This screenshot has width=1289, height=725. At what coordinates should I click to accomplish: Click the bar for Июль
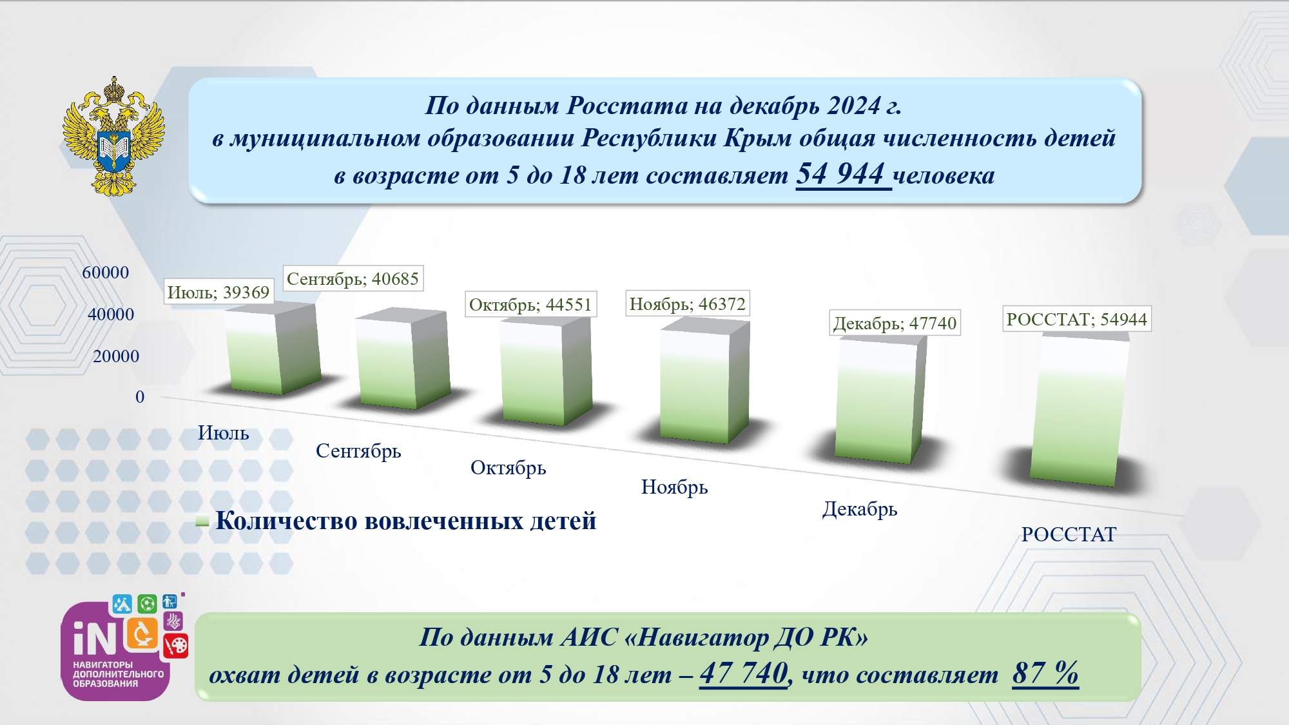pyautogui.click(x=272, y=349)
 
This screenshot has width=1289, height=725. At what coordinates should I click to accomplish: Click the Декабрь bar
pyautogui.click(x=880, y=400)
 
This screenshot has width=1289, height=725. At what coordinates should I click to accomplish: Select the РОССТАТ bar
pyautogui.click(x=1080, y=410)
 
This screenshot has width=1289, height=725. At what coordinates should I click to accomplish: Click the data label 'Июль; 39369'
pyautogui.click(x=218, y=292)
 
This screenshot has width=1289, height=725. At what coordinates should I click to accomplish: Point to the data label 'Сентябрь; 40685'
pyautogui.click(x=353, y=278)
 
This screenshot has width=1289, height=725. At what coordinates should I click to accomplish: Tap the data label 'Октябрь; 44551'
pyautogui.click(x=530, y=304)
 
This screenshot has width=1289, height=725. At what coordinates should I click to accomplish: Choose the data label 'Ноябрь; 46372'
pyautogui.click(x=687, y=304)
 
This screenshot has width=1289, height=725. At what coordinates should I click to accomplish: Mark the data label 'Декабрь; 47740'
pyautogui.click(x=895, y=323)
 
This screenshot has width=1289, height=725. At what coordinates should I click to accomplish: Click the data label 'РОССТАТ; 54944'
pyautogui.click(x=1076, y=319)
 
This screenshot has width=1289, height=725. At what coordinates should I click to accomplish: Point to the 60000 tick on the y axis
pyautogui.click(x=106, y=273)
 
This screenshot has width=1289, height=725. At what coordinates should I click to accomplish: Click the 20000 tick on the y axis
pyautogui.click(x=116, y=356)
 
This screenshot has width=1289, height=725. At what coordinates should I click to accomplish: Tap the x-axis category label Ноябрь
pyautogui.click(x=674, y=487)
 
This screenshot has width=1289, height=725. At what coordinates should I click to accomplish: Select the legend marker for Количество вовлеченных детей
pyautogui.click(x=202, y=522)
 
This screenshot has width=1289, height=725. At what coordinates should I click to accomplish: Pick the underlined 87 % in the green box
pyautogui.click(x=1045, y=673)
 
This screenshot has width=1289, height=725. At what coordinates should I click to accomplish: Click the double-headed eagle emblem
pyautogui.click(x=113, y=136)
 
